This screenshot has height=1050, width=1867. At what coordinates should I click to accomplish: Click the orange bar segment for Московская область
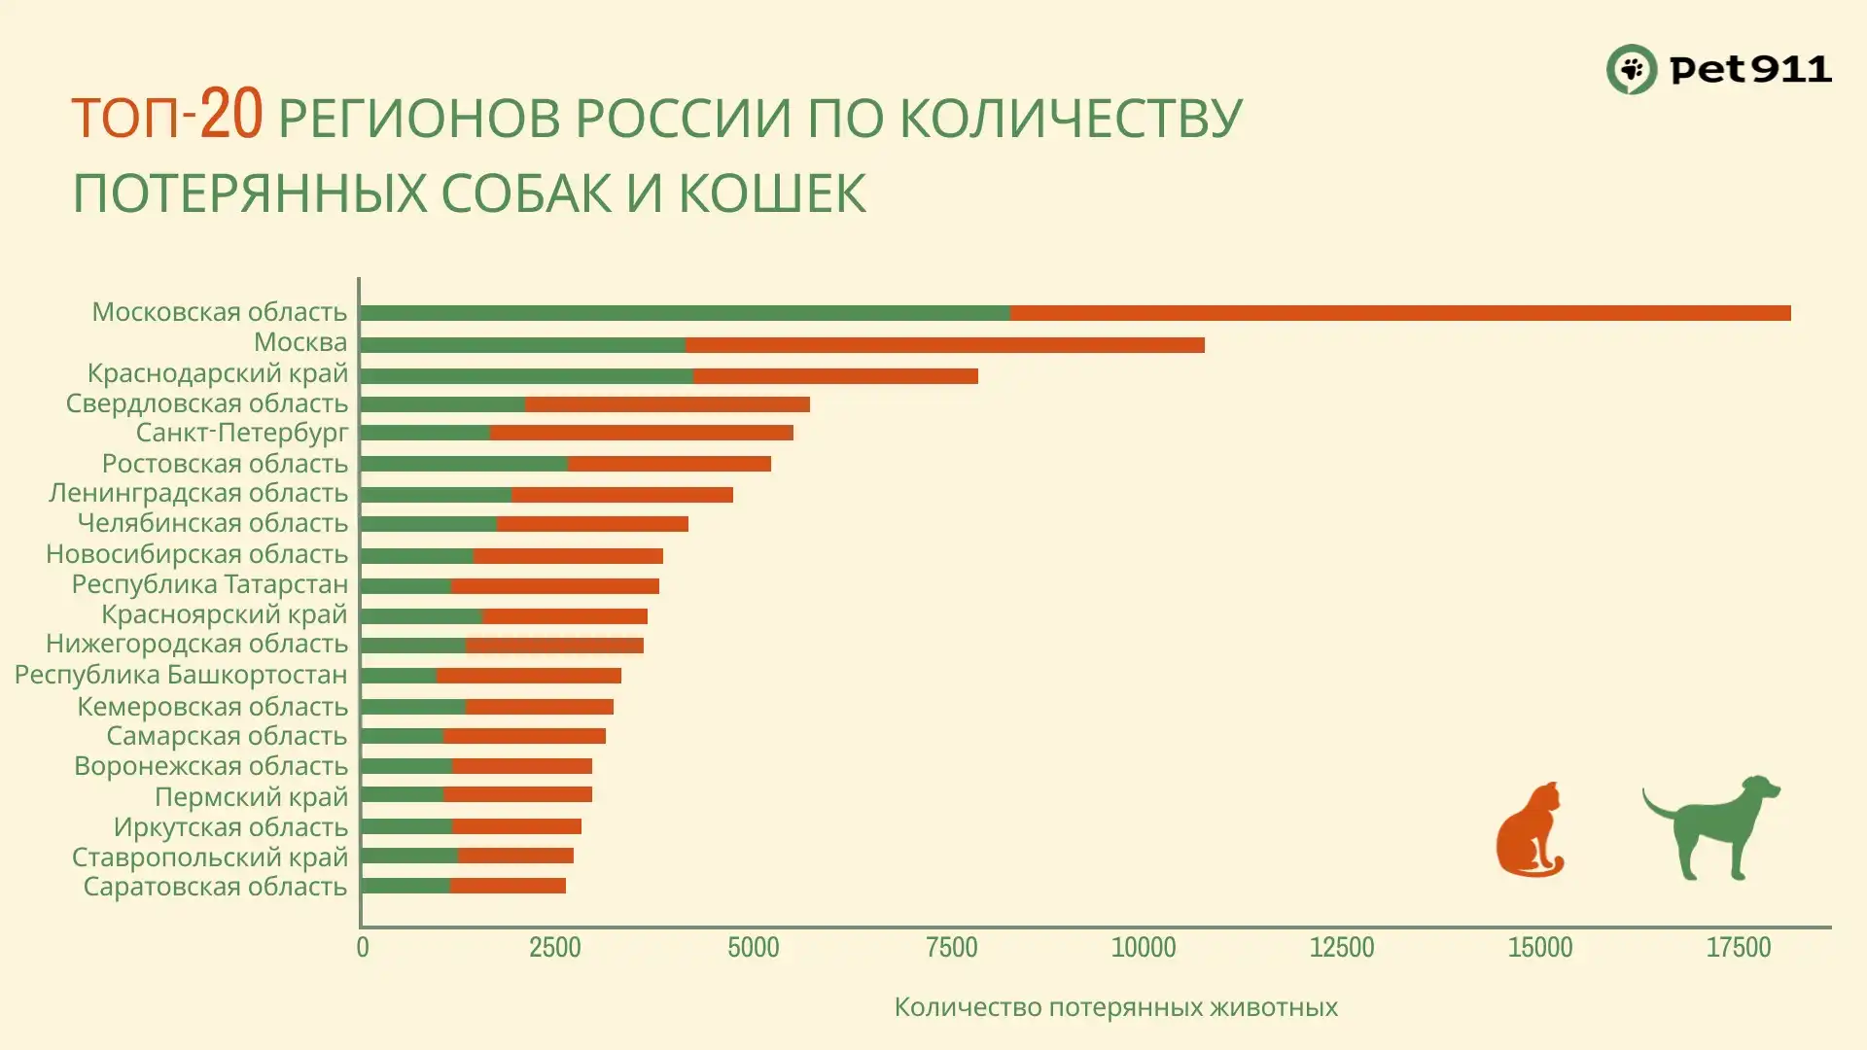click(x=1400, y=313)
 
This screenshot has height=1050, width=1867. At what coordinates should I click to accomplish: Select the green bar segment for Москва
click(x=522, y=345)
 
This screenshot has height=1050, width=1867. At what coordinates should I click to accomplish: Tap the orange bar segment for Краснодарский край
click(x=835, y=376)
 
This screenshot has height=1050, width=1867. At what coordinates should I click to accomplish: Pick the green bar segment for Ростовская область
click(x=464, y=464)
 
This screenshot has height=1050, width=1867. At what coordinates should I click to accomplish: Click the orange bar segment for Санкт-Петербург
click(x=642, y=433)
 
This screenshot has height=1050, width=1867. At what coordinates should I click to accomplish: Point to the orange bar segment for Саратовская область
click(x=508, y=886)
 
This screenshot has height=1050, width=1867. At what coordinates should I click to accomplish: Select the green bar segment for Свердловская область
click(x=442, y=404)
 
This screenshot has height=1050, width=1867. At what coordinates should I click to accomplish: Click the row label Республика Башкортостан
click(x=181, y=675)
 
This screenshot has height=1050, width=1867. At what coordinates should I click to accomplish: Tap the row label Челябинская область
click(x=212, y=523)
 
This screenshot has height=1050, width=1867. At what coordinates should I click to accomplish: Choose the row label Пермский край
click(x=251, y=797)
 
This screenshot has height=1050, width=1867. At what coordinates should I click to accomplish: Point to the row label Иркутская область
click(x=230, y=827)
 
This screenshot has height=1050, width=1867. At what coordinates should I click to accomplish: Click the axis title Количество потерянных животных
click(x=1115, y=1007)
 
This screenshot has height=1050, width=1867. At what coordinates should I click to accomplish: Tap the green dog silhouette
click(x=1711, y=826)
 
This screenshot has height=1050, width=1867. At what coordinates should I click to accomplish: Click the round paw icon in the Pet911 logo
click(x=1631, y=69)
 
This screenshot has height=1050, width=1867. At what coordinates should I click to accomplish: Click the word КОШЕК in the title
click(x=771, y=192)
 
